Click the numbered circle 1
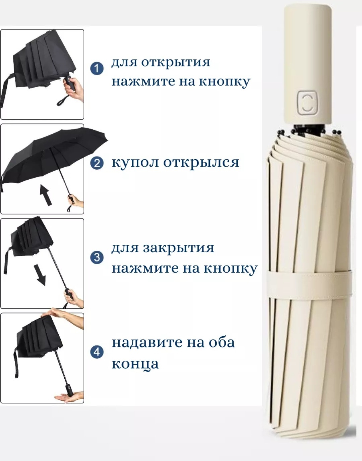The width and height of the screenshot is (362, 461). [97, 68]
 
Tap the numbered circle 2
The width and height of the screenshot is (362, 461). [97, 164]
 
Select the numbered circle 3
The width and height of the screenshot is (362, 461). [97, 257]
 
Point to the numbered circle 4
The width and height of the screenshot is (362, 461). [97, 352]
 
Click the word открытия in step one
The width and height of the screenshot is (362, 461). [176, 63]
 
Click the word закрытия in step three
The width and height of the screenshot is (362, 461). [178, 248]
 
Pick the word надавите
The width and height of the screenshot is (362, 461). [147, 343]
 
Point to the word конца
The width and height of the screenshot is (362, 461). [135, 364]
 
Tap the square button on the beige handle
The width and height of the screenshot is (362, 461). [307, 103]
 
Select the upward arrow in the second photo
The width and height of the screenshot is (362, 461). [46, 195]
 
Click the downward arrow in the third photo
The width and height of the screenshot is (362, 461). [41, 275]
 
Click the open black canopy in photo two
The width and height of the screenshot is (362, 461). [53, 157]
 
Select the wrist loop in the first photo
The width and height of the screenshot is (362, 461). [63, 100]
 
